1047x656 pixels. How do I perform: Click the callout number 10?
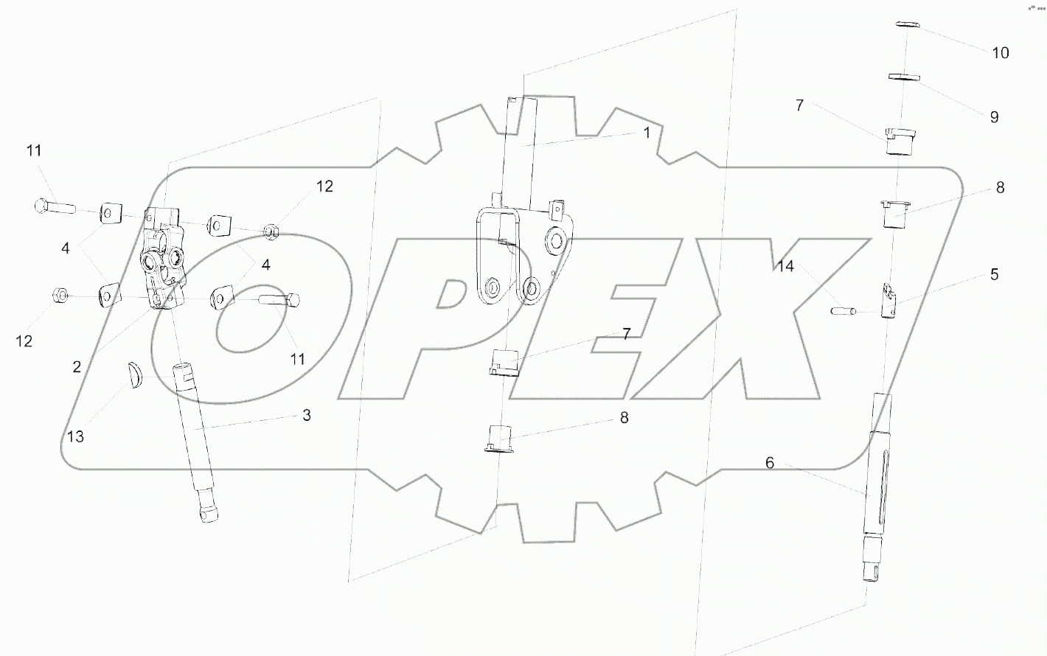click(x=1001, y=53)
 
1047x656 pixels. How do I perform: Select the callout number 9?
click(x=995, y=116)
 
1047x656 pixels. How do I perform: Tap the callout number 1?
click(x=647, y=133)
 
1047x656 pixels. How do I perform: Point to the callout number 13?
click(x=75, y=437)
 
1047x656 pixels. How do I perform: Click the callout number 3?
click(x=307, y=415)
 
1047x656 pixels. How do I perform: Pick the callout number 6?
click(x=770, y=463)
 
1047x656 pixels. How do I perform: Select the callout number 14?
click(x=785, y=266)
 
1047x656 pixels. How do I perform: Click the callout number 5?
click(x=995, y=274)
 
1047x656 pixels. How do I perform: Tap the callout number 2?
click(x=77, y=367)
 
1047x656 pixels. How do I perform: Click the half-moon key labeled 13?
click(x=135, y=376)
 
